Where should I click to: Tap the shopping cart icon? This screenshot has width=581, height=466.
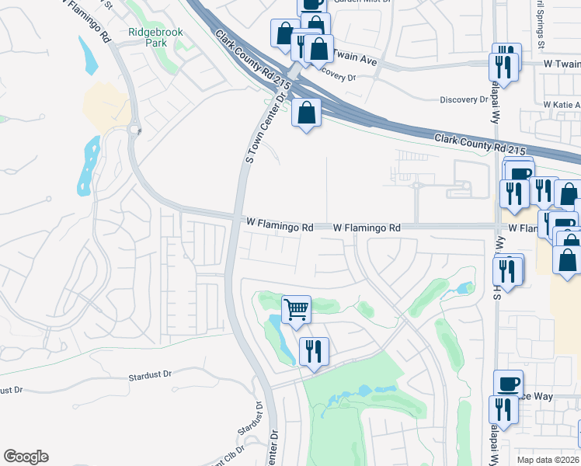point(296,310)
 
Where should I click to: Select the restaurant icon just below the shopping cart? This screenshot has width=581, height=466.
point(313,351)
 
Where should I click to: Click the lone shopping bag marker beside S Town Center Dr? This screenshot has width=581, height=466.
point(307,113)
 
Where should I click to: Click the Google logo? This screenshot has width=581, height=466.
point(26,457)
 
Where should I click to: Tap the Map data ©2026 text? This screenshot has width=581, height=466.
point(548,460)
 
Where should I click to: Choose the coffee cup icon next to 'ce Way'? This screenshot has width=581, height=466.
point(508,384)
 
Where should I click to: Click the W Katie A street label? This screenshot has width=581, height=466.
point(561,104)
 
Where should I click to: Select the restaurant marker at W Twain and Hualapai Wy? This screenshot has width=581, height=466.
point(503,65)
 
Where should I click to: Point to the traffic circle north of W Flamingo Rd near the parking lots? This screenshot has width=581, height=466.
point(416,186)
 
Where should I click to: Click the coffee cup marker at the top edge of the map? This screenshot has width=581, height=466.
point(312,4)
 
